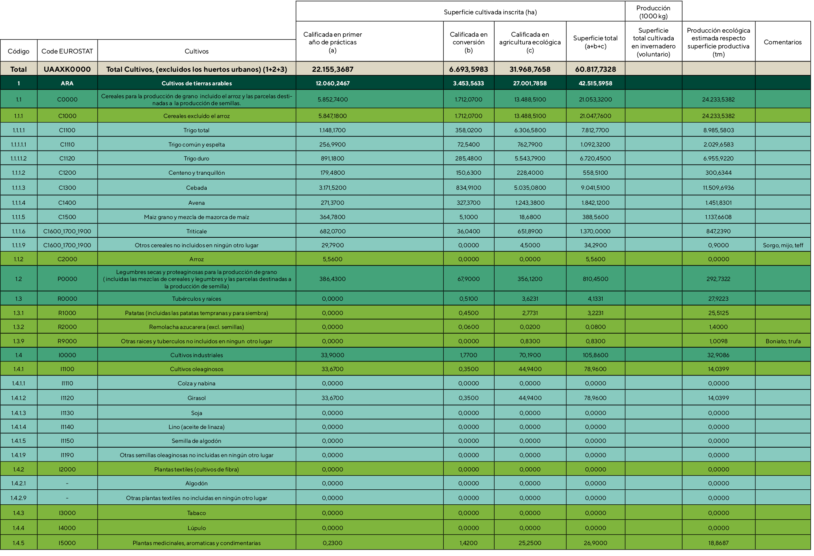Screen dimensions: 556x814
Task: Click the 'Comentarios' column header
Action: [782, 42]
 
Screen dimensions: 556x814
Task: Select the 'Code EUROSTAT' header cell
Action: [67, 51]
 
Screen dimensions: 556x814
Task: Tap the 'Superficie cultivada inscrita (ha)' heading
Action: [490, 12]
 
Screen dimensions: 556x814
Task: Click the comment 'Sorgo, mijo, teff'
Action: [783, 245]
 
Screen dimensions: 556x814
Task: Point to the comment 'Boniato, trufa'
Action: [783, 341]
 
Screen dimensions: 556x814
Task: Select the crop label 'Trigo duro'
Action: [196, 158]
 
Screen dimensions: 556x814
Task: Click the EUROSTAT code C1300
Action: [67, 188]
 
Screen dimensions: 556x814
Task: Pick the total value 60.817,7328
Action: [595, 69]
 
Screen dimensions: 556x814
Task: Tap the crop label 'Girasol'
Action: [196, 398]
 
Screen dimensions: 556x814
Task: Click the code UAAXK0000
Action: [67, 69]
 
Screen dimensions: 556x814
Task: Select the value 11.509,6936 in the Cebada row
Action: [718, 188]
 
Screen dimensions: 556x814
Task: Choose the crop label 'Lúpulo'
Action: [196, 528]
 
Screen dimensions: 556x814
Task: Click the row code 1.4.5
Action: [18, 543]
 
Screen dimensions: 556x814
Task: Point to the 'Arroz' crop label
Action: [196, 259]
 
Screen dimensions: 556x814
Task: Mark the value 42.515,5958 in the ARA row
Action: [595, 83]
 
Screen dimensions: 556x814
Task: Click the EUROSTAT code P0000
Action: [67, 279]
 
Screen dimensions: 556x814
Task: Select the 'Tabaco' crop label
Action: [196, 513]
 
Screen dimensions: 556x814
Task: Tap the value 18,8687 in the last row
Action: [718, 543]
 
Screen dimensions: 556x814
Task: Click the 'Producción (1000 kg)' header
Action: [653, 12]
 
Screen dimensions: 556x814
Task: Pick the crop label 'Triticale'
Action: [196, 231]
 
